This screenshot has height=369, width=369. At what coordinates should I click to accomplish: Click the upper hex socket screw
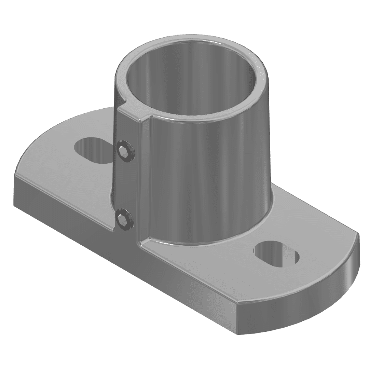[125, 151]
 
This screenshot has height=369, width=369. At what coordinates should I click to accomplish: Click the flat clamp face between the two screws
[127, 184]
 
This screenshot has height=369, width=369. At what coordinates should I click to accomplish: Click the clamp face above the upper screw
[127, 126]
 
